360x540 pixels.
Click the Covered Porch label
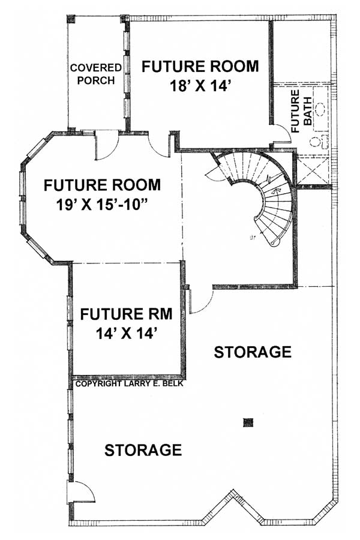click(x=95, y=74)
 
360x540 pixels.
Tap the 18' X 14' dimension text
click(x=200, y=86)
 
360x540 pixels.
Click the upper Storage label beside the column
click(x=253, y=352)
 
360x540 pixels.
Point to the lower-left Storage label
click(x=143, y=449)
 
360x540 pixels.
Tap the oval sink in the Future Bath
click(x=320, y=109)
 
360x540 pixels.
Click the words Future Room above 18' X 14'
click(x=200, y=66)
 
